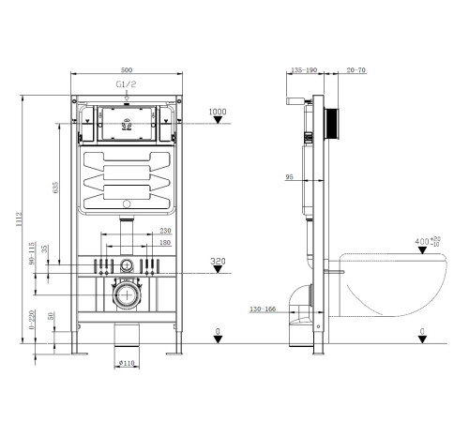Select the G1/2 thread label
125,83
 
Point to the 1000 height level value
218,112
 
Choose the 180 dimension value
165,244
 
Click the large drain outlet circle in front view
126,299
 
